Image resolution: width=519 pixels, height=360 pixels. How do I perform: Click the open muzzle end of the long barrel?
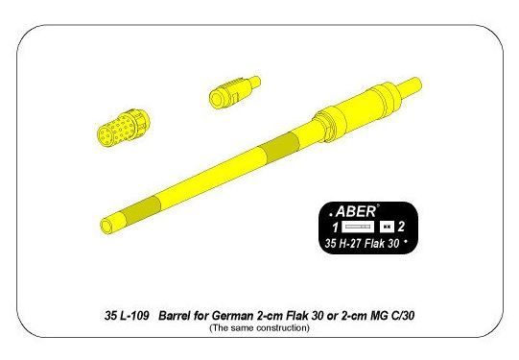click(x=106, y=226)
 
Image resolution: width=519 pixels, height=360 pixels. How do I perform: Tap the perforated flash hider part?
click(x=124, y=127)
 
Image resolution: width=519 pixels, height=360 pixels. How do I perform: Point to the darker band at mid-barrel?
click(x=281, y=148)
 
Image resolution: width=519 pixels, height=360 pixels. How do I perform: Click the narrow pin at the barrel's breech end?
click(x=410, y=87)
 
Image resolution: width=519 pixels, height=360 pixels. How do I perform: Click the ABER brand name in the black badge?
click(x=356, y=211)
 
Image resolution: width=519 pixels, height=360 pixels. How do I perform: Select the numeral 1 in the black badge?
click(x=336, y=228)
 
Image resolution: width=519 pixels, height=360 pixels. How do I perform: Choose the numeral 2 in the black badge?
click(x=401, y=227)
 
